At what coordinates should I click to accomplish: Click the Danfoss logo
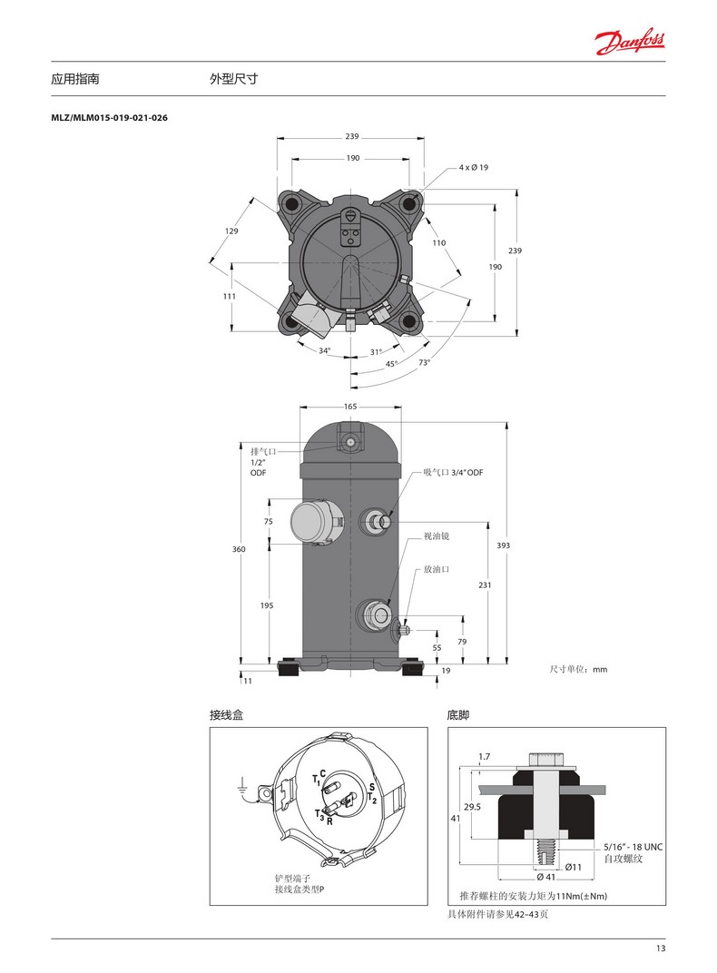[x=631, y=39]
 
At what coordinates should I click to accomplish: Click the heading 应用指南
[x=75, y=80]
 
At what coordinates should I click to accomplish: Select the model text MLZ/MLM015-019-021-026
[x=110, y=118]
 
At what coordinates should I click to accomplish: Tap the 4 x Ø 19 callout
[x=474, y=168]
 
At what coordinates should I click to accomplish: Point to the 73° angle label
[x=424, y=362]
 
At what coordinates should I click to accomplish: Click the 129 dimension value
[x=231, y=231]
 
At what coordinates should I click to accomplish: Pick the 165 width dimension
[x=350, y=407]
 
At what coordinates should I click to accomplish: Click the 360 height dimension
[x=239, y=549]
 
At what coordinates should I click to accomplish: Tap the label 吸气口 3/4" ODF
[x=453, y=473]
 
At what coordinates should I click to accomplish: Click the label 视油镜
[x=437, y=536]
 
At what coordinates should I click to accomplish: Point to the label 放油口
[x=437, y=570]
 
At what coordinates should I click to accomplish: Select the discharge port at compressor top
[x=350, y=441]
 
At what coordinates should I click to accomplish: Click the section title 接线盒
[x=227, y=715]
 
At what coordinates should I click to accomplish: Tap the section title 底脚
[x=458, y=715]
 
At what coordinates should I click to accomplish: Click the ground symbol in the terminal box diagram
[x=242, y=789]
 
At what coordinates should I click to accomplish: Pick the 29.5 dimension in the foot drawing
[x=471, y=805]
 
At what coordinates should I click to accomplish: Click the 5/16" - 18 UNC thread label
[x=634, y=847]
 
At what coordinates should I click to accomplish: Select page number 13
[x=660, y=948]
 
